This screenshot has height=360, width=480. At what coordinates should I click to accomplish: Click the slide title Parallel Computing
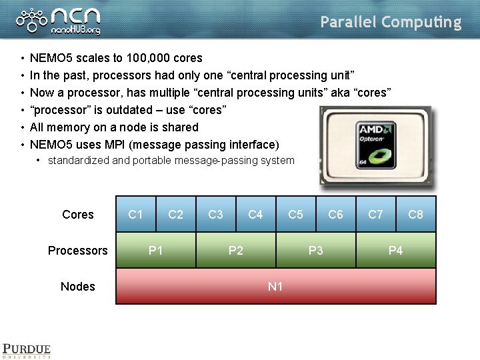tap(391, 22)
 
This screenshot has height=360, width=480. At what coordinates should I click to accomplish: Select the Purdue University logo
tap(27, 351)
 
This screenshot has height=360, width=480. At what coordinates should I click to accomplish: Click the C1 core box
tap(136, 214)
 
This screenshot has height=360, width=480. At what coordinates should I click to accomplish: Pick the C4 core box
tap(255, 214)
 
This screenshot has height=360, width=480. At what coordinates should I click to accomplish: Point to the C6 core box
tap(335, 214)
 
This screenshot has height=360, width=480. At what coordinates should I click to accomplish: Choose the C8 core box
tap(415, 214)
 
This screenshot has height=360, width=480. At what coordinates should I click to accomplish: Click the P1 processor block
tap(156, 250)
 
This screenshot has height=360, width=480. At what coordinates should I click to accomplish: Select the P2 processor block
tap(236, 250)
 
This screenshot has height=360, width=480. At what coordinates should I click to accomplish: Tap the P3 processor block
tap(316, 250)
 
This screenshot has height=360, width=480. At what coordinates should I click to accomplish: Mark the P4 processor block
tap(396, 250)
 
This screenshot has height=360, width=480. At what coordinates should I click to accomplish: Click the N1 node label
tap(275, 286)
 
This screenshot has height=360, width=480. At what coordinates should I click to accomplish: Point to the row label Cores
tap(78, 215)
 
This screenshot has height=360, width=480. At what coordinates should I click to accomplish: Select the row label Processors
tap(77, 251)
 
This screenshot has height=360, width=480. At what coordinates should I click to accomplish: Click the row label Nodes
tap(78, 287)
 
